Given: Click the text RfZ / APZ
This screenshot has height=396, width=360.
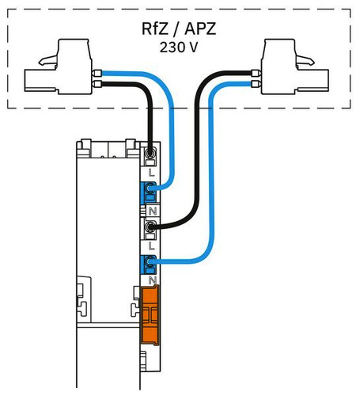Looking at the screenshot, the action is pos(179,29).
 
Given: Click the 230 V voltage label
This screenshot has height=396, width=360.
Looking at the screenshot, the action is pos(179,48).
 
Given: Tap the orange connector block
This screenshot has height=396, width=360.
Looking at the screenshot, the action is pos(150,315).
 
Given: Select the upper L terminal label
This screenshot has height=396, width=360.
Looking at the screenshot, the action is pos(151,173).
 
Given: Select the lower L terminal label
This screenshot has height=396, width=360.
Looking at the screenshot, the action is pos(151,246).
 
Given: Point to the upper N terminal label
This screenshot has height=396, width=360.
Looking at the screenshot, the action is pos(153,211).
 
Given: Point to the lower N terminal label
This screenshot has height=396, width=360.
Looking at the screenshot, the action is pos(153,280).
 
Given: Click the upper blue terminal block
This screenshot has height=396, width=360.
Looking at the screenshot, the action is pos(149,193).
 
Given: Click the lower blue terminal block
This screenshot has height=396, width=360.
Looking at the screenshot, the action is pos(149,265).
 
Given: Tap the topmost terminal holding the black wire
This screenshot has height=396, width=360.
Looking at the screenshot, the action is pos(150,157).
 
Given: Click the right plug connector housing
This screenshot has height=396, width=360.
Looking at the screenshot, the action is pos(295,67).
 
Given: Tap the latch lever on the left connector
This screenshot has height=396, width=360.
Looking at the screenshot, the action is pos(48,61).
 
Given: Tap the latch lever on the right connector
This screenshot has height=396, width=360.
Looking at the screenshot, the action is pos(305,61).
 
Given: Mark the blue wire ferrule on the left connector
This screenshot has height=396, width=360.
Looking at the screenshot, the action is pos(97,73).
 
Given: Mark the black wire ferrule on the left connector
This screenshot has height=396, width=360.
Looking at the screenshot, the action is pos(97,84).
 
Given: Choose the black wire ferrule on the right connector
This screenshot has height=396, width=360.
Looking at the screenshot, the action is pos(256,73).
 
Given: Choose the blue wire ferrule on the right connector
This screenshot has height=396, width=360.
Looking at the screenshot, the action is pos(256,84).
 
